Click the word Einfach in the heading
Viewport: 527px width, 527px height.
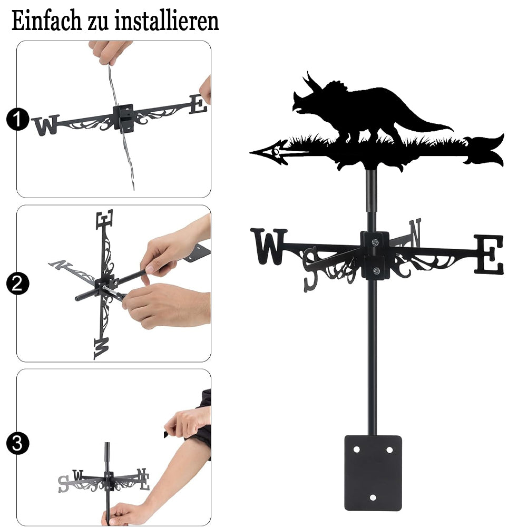point(46,21)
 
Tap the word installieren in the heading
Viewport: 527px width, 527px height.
point(167,21)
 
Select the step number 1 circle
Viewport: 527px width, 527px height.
point(17,119)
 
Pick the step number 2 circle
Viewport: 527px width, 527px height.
point(17,284)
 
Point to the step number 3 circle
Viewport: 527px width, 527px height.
point(17,443)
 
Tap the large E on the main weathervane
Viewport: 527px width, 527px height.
point(489,254)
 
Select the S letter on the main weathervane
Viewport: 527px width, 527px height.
point(310,269)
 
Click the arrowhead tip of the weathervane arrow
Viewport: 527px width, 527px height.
point(251,153)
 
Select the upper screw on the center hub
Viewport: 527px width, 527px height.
point(375,242)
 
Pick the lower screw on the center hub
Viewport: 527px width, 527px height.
point(376,270)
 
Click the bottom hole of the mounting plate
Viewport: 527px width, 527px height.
point(373,497)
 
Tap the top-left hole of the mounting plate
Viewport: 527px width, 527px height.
point(356,450)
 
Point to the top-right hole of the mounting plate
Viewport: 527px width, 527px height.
point(389,450)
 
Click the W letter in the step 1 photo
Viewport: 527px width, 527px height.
point(46,125)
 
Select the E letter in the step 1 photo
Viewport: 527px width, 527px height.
point(198,104)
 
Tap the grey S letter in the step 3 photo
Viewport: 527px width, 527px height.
point(63,484)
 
